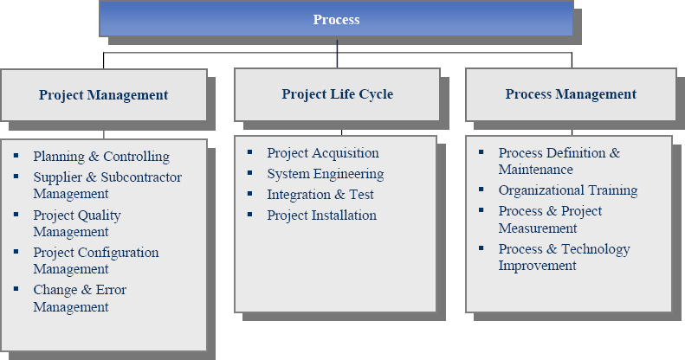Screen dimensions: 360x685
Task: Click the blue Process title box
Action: coord(336,19)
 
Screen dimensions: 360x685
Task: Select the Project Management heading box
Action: coord(103,94)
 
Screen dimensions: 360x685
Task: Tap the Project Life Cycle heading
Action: coord(336,94)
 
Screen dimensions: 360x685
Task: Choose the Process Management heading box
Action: coord(571,94)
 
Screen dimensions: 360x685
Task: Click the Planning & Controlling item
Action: coord(101,157)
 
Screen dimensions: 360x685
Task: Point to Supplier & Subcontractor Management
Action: coord(107,185)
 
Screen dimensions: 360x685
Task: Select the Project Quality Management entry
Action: coord(77,223)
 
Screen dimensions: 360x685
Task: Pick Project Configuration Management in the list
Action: coord(96,260)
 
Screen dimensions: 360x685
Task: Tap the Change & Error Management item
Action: coord(80,298)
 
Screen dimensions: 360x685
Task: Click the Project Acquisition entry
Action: coord(323,153)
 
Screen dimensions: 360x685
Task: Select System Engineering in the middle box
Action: coord(326,174)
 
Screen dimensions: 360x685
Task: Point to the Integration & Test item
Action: coord(320,195)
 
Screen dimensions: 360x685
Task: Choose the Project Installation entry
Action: coord(322,215)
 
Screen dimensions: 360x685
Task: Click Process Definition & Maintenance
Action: coord(559,161)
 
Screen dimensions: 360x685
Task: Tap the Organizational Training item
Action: coord(568,190)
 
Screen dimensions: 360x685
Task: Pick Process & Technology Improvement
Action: coord(564,257)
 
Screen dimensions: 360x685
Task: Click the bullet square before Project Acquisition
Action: coord(250,151)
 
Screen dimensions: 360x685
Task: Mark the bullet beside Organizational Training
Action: coord(481,189)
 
